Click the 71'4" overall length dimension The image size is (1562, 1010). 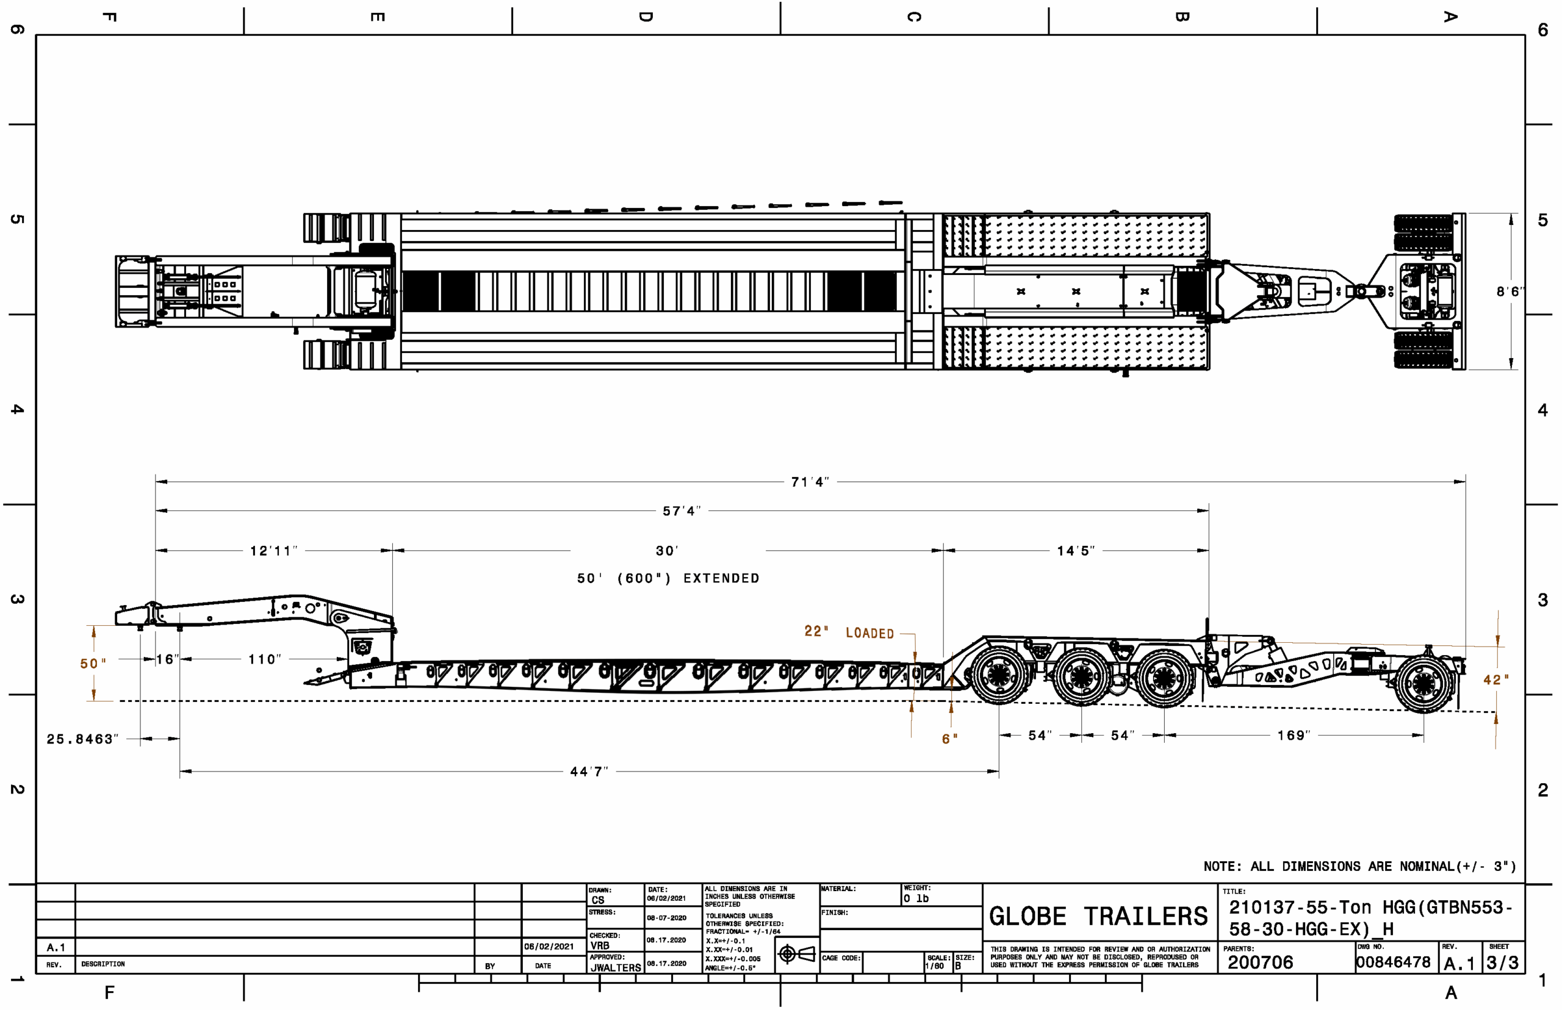coord(810,482)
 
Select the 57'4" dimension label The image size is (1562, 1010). coord(682,511)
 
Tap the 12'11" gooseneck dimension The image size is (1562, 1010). coord(273,551)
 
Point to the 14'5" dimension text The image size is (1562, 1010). coord(1075,551)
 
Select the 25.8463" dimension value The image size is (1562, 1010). coord(82,739)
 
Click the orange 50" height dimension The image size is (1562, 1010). coord(93,664)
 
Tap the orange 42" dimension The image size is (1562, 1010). coord(1495,680)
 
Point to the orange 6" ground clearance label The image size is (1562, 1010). coord(949,739)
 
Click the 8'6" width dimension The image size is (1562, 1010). coord(1510,292)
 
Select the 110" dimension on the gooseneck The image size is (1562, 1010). coord(264,659)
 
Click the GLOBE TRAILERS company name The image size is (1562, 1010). coord(1098,916)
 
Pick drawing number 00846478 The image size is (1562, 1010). coord(1393,962)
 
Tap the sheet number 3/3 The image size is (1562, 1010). coord(1502,963)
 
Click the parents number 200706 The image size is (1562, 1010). coord(1260,962)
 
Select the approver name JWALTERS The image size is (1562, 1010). coord(616,967)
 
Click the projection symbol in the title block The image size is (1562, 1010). coord(796,954)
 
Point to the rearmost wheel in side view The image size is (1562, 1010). coord(1423,684)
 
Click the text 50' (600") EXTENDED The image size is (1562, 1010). coord(668,578)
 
